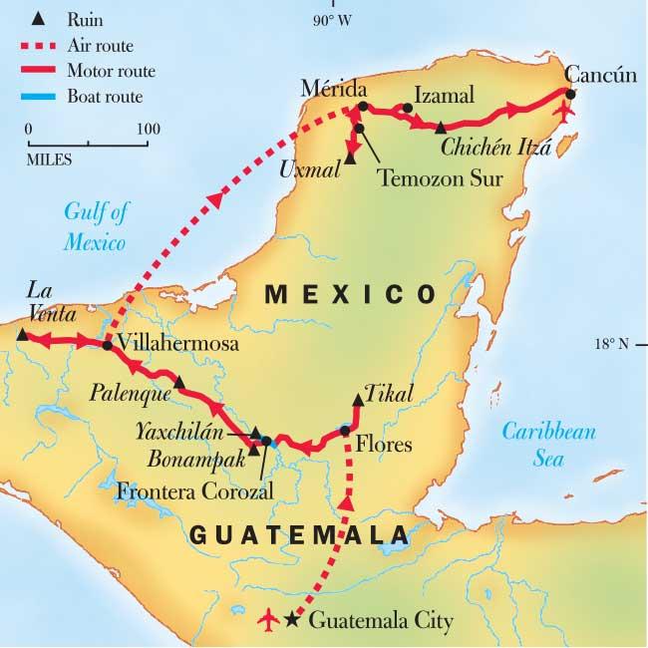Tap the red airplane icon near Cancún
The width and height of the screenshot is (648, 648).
point(567,111)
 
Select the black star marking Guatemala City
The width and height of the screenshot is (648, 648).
point(291,620)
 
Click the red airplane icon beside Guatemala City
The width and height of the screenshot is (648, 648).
point(267,620)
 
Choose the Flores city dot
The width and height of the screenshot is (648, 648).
point(345,431)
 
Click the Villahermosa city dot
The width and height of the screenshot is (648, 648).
point(107,345)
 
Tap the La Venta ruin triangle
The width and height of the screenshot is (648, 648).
point(22,336)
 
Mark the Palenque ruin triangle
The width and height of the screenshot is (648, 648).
point(178,382)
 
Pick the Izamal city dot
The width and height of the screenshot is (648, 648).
point(408,109)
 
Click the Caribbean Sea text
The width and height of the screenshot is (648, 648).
point(547,445)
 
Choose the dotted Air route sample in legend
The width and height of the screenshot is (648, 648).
point(45,44)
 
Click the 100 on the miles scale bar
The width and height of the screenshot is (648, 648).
point(149,129)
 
